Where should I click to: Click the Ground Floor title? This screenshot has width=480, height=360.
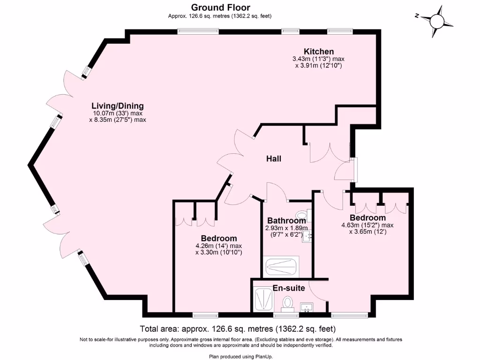point(220,7)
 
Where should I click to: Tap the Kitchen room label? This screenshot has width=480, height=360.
point(319,52)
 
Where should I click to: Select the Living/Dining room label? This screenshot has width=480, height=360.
point(118,106)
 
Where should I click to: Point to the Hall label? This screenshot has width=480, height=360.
point(274,159)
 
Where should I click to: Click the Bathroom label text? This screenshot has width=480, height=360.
point(286,220)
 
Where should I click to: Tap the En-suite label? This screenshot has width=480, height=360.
point(289,288)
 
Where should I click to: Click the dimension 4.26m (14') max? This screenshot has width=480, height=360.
point(218,246)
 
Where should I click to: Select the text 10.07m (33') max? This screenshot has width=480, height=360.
point(118,113)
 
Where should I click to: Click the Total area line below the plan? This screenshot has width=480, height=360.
point(238,329)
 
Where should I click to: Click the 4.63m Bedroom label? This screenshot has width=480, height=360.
point(367,218)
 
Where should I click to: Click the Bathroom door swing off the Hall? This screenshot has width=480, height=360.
point(275,191)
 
